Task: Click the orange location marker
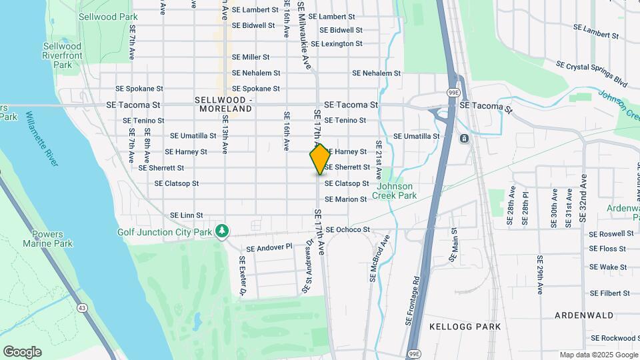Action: [x=320, y=159]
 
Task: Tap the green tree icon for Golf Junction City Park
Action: [x=222, y=231]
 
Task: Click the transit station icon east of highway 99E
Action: [x=464, y=138]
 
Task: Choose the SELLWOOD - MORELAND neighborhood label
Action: [x=224, y=104]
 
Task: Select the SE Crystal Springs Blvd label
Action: [x=592, y=73]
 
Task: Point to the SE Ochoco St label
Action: [x=347, y=230]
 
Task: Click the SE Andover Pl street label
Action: [x=269, y=247]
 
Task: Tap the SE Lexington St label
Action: [x=337, y=44]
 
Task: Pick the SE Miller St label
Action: [x=251, y=57]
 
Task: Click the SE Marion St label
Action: [x=346, y=199]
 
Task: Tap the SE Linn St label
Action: [x=186, y=215]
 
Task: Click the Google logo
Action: [x=22, y=352]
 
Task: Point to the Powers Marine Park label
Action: [x=52, y=239]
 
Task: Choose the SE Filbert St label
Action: [x=609, y=293]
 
